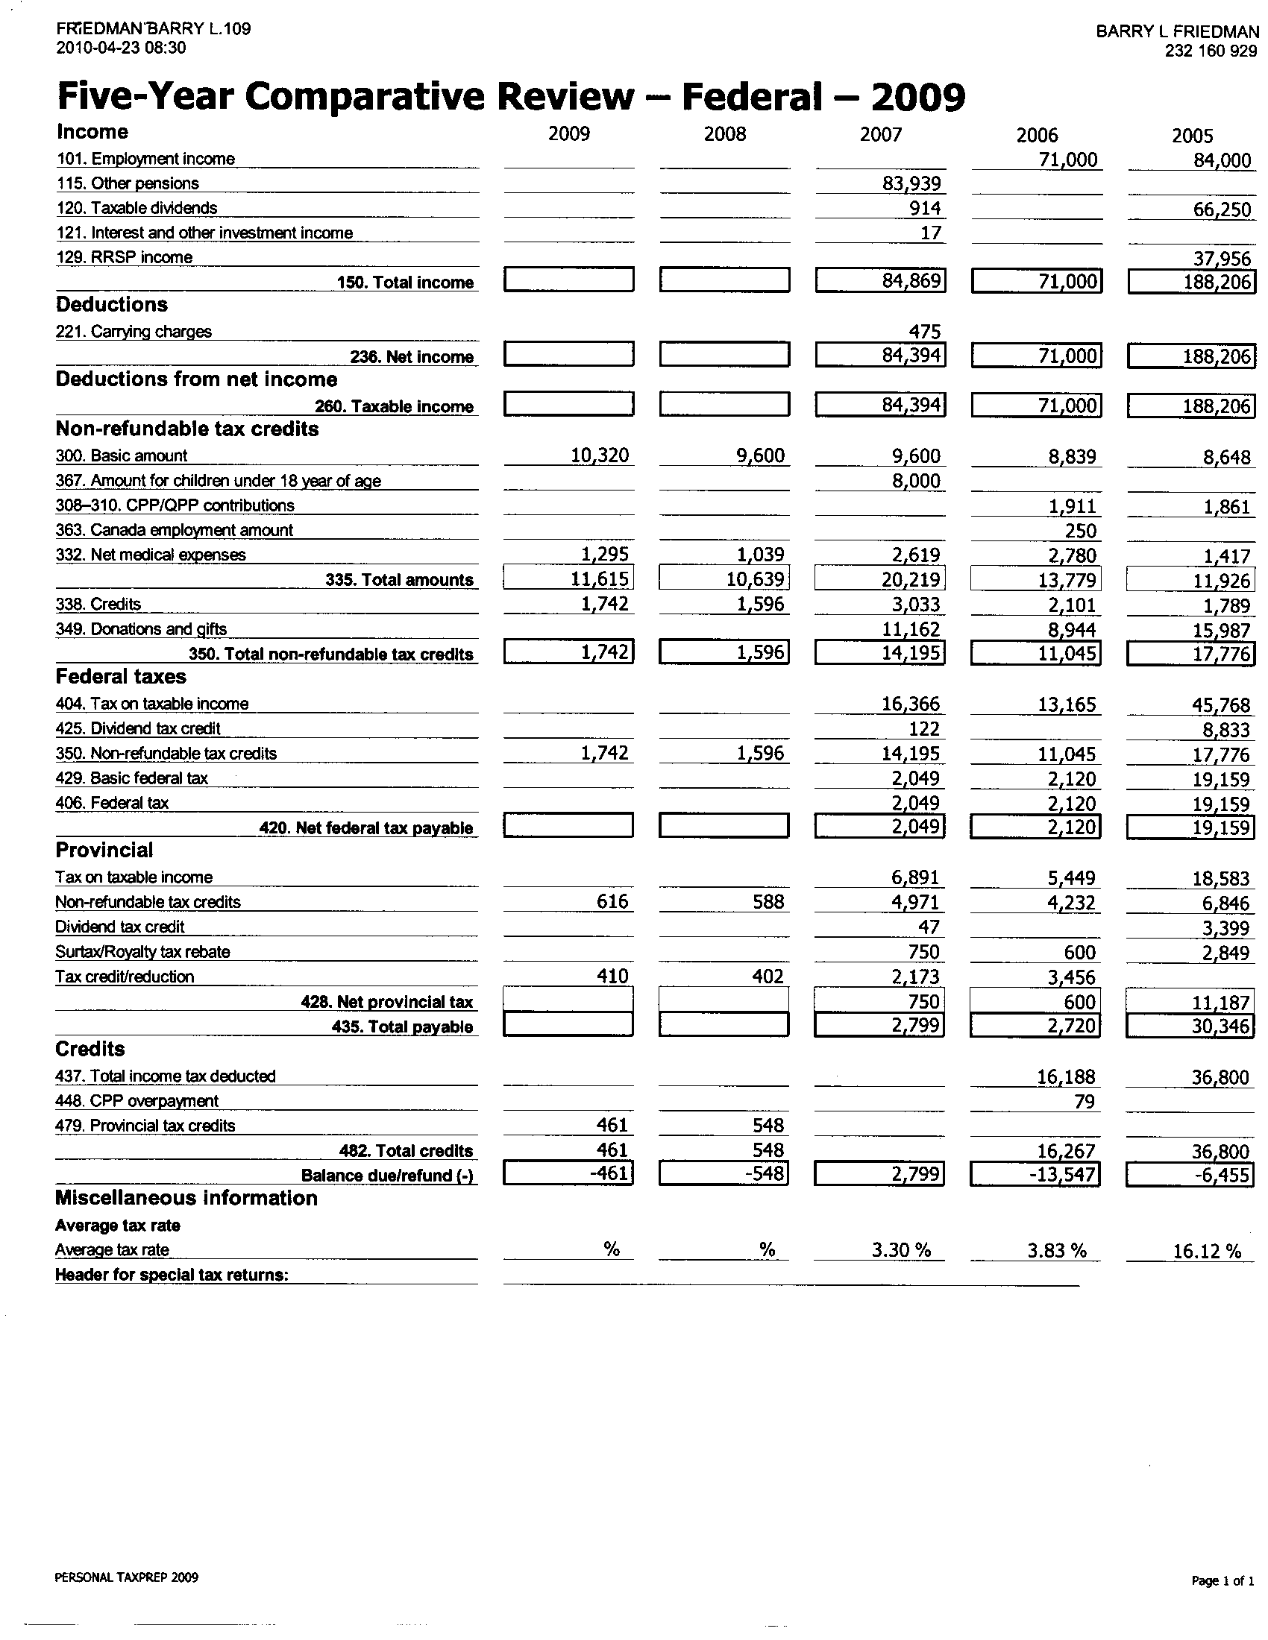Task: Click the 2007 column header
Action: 880,134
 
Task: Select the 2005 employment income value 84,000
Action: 1223,160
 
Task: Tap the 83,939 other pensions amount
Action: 911,183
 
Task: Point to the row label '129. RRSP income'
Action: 125,258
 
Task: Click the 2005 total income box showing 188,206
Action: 1190,282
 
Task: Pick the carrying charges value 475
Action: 924,332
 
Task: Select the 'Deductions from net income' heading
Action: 196,379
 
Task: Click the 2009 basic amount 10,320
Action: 600,455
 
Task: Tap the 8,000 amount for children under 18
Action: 916,481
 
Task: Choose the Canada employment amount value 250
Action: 1080,531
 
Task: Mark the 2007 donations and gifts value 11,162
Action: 911,629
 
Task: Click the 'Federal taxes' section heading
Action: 121,677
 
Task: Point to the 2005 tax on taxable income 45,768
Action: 1222,705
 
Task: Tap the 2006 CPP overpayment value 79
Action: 1085,1102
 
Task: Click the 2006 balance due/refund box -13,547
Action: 1035,1173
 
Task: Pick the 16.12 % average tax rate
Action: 1206,1251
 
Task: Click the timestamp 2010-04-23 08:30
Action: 121,48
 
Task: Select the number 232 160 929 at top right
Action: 1211,51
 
